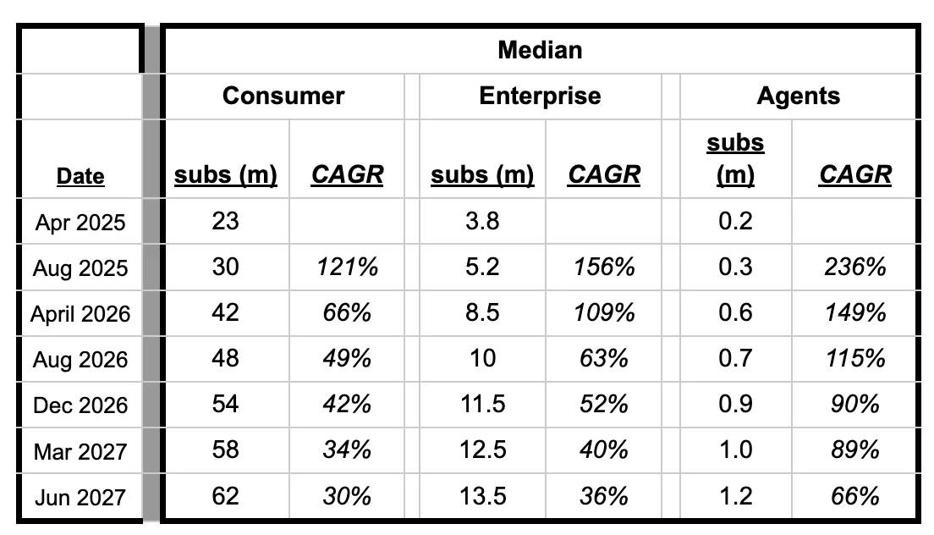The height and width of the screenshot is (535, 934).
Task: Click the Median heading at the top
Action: pyautogui.click(x=540, y=50)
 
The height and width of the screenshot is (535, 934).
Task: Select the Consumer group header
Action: pyautogui.click(x=283, y=96)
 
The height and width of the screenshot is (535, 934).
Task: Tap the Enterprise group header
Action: pyautogui.click(x=540, y=96)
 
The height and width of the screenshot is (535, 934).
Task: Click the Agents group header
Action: pyautogui.click(x=798, y=96)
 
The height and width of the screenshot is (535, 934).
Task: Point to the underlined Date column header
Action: pyautogui.click(x=80, y=176)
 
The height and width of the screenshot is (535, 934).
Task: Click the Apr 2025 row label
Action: pyautogui.click(x=80, y=223)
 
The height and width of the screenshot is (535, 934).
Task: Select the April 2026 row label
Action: pyautogui.click(x=80, y=314)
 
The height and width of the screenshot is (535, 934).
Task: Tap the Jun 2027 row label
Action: pyautogui.click(x=80, y=497)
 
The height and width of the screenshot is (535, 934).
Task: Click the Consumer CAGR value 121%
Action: pyautogui.click(x=347, y=267)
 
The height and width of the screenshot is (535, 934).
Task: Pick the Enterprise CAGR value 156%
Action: pyautogui.click(x=603, y=267)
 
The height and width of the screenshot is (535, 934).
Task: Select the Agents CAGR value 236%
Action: pyautogui.click(x=855, y=267)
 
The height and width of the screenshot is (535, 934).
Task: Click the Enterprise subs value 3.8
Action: pyautogui.click(x=482, y=222)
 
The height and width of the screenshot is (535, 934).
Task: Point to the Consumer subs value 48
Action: pyautogui.click(x=226, y=359)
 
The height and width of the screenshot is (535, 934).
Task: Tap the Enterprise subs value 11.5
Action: pyautogui.click(x=482, y=405)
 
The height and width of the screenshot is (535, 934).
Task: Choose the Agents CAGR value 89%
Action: pyautogui.click(x=855, y=450)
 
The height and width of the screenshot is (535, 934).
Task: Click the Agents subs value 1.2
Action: pyautogui.click(x=735, y=496)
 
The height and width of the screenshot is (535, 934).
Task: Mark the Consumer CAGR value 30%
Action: pyautogui.click(x=347, y=496)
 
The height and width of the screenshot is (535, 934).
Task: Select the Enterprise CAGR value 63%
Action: pyautogui.click(x=603, y=359)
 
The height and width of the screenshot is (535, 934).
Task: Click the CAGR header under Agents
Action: pyautogui.click(x=855, y=174)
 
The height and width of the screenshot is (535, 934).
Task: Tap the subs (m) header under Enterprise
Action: pyautogui.click(x=482, y=174)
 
